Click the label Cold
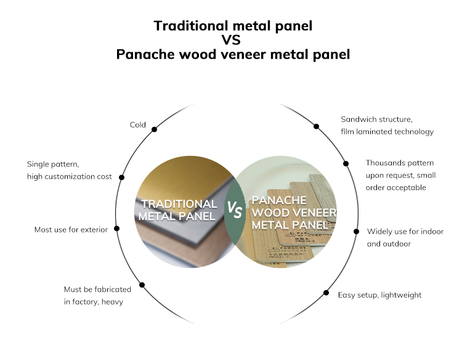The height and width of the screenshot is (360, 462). tap(137, 125)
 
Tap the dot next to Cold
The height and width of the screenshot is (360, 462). tap(154, 129)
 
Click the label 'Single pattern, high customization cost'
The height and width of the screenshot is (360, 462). tap(69, 170)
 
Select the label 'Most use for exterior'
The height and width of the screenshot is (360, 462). tap(71, 229)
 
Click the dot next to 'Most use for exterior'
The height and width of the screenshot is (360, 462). tap(117, 228)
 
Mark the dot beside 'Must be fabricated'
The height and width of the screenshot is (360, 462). tap(142, 285)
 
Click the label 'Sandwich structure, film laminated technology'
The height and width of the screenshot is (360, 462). tap(387, 125)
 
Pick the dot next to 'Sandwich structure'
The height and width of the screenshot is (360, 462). tap(317, 126)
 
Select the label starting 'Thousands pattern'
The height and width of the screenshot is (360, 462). tap(400, 175)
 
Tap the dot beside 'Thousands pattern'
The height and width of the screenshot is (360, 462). tap(346, 163)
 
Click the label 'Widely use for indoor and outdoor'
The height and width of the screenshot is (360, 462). tap(405, 237)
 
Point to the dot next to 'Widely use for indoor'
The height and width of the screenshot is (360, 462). tap(356, 231)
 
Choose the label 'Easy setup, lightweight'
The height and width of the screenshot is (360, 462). tap(379, 295)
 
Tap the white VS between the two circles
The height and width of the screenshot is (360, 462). tap(234, 210)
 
